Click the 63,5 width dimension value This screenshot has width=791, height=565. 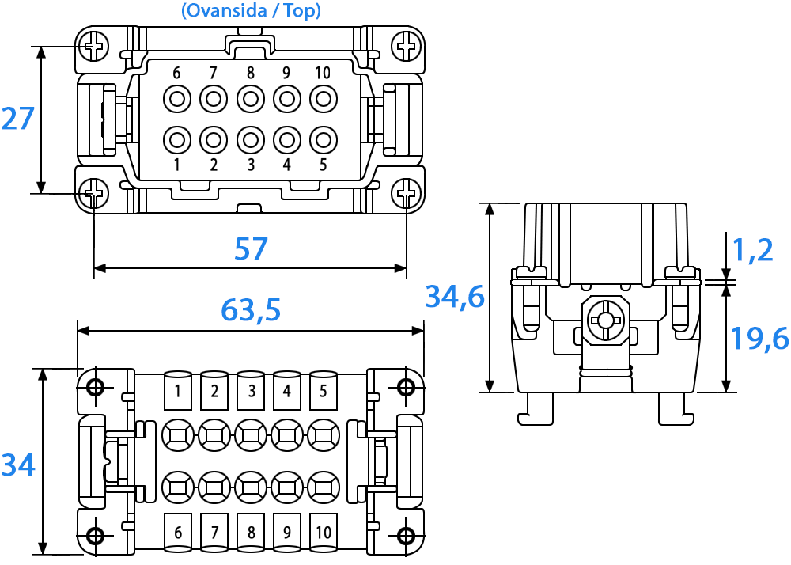pyautogui.click(x=251, y=309)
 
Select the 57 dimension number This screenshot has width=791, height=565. pyautogui.click(x=251, y=248)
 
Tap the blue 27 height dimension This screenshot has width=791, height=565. pyautogui.click(x=17, y=119)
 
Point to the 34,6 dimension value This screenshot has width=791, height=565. pyautogui.click(x=455, y=296)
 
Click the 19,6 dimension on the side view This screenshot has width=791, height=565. pyautogui.click(x=759, y=338)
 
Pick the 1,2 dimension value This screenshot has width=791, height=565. pyautogui.click(x=752, y=250)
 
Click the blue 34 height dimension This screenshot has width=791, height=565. pyautogui.click(x=18, y=465)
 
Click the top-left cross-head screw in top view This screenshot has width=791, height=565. pyautogui.click(x=94, y=47)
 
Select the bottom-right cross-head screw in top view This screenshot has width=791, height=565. pyautogui.click(x=407, y=193)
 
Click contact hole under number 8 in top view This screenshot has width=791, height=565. pyautogui.click(x=251, y=99)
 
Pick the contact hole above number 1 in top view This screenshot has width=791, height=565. pyautogui.click(x=177, y=140)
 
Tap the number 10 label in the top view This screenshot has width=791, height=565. pyautogui.click(x=323, y=74)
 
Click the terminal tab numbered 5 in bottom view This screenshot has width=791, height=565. pyautogui.click(x=324, y=390)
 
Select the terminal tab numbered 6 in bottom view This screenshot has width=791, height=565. pyautogui.click(x=177, y=533)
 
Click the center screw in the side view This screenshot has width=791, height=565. pyautogui.click(x=606, y=320)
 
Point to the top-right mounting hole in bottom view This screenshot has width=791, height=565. pyautogui.click(x=406, y=388)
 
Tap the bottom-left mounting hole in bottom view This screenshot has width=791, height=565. pyautogui.click(x=95, y=536)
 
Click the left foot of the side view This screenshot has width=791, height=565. pyautogui.click(x=536, y=408)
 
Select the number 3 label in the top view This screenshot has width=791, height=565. pyautogui.click(x=251, y=165)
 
